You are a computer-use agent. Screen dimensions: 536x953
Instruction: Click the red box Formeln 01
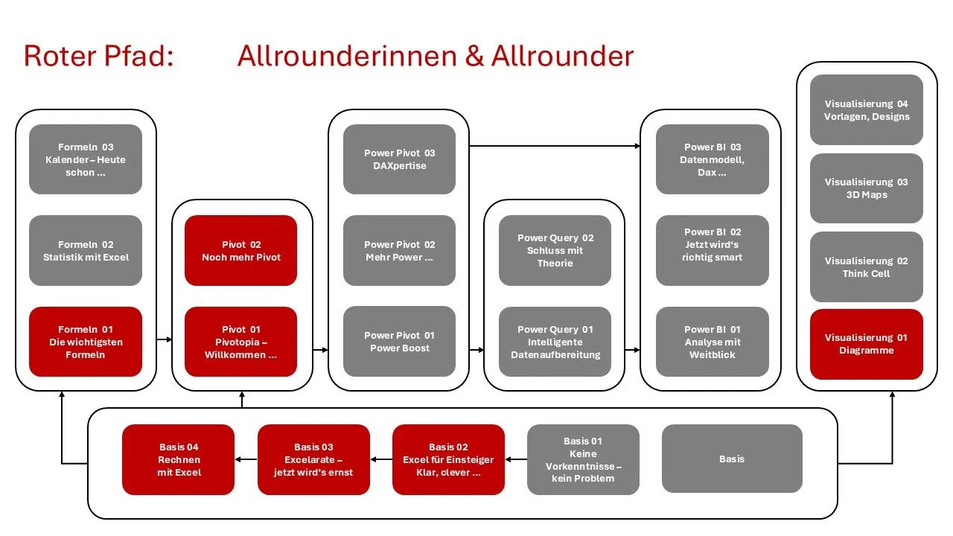[x=86, y=342]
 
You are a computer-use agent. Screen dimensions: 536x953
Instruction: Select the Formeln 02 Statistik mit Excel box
[x=86, y=251]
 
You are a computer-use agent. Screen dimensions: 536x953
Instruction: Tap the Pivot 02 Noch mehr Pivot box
[x=241, y=251]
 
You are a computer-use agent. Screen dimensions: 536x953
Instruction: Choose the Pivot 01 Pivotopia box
[x=241, y=342]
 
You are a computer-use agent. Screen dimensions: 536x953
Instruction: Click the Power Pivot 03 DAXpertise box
[x=399, y=159]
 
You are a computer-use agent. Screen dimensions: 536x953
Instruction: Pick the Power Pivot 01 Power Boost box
[x=399, y=342]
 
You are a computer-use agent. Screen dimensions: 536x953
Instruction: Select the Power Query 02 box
[x=555, y=251]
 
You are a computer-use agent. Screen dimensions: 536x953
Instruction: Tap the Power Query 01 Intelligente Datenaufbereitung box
[x=555, y=342]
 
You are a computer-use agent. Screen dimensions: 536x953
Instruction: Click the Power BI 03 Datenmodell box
[x=713, y=159]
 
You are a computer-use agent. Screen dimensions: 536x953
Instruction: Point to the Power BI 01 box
[x=713, y=342]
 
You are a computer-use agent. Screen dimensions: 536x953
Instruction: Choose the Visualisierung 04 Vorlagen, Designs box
[x=867, y=110]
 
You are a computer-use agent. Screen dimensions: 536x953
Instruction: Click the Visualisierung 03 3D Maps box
[x=867, y=188]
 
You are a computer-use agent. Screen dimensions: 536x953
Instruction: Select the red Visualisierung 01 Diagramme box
[x=867, y=344]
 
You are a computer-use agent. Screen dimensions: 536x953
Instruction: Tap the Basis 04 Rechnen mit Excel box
[x=179, y=459]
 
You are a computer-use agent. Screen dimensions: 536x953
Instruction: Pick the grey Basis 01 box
[x=583, y=459]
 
